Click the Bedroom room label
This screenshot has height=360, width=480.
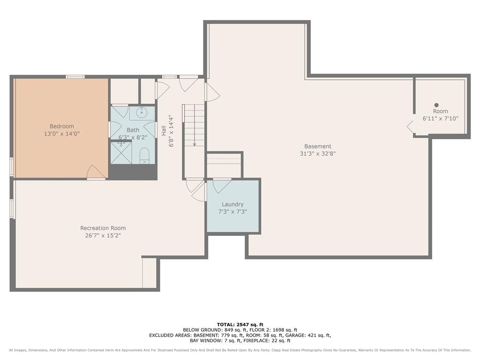pos(62,126)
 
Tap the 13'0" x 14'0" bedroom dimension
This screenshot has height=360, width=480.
pos(62,134)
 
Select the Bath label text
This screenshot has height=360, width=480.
pos(133,130)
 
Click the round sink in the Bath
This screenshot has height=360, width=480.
pos(142,112)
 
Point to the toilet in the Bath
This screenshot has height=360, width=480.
pos(144,156)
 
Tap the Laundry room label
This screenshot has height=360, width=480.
pos(232,204)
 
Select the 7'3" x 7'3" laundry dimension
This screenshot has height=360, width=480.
pos(232,211)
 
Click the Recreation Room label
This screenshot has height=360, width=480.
pos(103,228)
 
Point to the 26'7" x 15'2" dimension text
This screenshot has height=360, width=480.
pos(103,235)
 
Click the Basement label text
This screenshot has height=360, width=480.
pos(318,146)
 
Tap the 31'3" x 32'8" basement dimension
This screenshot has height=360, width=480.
pos(318,154)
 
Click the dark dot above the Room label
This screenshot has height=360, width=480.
pos(436,105)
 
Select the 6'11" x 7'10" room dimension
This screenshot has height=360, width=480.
pos(441,119)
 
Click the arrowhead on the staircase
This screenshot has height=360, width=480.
pos(195,144)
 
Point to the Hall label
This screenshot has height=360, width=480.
pos(164,131)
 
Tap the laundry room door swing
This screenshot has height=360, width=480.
pos(221,186)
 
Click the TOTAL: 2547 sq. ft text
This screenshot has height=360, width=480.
pos(240,324)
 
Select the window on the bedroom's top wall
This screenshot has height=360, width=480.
pos(75,76)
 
